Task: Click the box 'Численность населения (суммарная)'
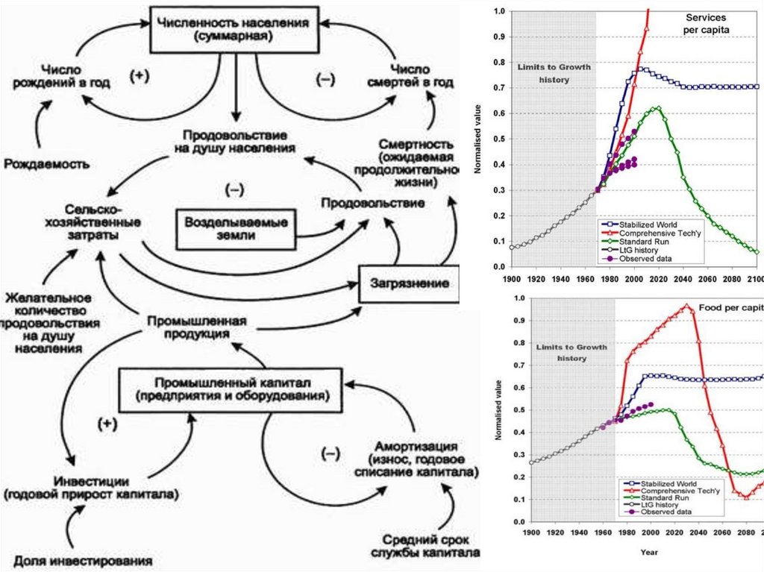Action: click(233, 29)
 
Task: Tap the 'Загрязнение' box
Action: click(409, 283)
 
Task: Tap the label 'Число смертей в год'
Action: click(411, 75)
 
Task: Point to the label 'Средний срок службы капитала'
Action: click(425, 546)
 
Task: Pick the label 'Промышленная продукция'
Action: click(196, 328)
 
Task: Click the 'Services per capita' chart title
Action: click(706, 23)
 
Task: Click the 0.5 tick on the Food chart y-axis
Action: click(519, 410)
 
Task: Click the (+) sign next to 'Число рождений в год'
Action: click(140, 75)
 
